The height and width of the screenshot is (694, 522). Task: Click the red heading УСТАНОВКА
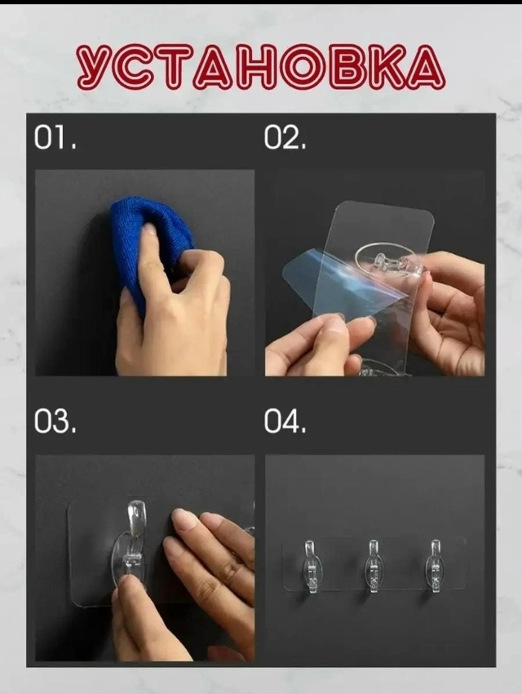[x=261, y=66]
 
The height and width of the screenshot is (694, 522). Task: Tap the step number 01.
[x=55, y=138]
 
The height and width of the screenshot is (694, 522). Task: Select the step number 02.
[x=285, y=138]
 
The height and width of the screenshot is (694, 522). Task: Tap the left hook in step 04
[x=311, y=567]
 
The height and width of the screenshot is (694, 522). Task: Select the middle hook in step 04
[x=374, y=567]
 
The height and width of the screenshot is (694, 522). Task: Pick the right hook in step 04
[x=435, y=567]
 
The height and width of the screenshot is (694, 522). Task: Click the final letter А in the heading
[x=424, y=66]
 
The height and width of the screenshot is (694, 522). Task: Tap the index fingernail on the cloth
[x=149, y=229]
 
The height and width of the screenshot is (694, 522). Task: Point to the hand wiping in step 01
[x=172, y=305]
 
